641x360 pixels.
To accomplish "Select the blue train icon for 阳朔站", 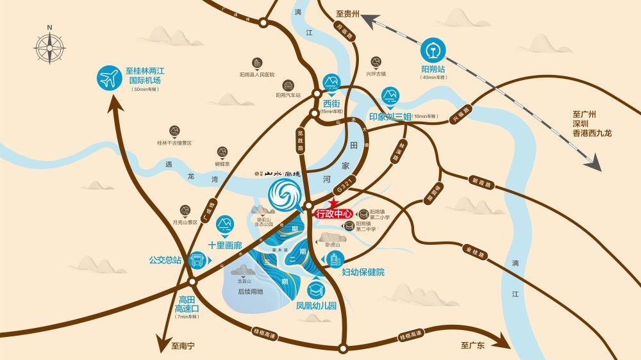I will point(433,52).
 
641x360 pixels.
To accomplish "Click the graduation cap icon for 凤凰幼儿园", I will point(315,290).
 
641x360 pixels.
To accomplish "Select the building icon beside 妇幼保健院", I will point(334,259).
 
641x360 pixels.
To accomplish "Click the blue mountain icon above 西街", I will point(331,81).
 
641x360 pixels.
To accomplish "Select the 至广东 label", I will point(474,345).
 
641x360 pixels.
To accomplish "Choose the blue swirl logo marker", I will point(281,193).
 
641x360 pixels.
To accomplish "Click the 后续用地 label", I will point(251,291).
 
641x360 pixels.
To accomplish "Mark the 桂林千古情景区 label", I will point(174,143).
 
